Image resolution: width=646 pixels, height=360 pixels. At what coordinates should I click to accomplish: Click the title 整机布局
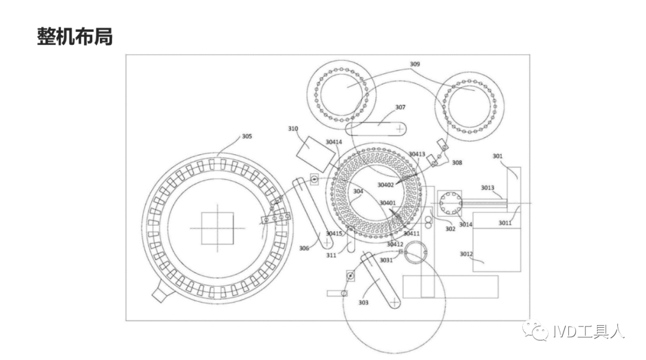click(x=75, y=37)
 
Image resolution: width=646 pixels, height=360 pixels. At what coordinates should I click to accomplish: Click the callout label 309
click(x=415, y=64)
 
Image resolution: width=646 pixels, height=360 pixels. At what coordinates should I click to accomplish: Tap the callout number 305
click(x=246, y=136)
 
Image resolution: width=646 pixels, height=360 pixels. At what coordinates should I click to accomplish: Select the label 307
click(x=400, y=108)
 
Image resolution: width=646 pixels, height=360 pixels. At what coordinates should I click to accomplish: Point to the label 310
click(x=293, y=129)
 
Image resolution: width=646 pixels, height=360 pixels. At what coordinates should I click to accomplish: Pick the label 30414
click(x=334, y=142)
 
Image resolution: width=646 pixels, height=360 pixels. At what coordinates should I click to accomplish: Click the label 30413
click(x=417, y=154)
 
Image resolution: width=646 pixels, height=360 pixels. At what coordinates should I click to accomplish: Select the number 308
click(x=456, y=163)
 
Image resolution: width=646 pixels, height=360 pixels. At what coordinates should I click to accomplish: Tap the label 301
click(x=497, y=156)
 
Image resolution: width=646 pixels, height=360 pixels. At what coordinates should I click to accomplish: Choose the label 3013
click(x=487, y=188)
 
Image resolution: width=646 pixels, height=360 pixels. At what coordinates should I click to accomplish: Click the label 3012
click(x=467, y=254)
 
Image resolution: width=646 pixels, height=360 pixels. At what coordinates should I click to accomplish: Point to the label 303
click(x=363, y=303)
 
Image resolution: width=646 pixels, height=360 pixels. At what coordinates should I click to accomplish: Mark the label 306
click(x=304, y=248)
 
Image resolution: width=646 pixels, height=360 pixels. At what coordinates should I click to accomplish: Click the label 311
click(x=331, y=255)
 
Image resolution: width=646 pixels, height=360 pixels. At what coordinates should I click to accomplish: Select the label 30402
click(x=386, y=185)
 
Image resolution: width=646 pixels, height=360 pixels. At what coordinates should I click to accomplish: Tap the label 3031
click(x=386, y=260)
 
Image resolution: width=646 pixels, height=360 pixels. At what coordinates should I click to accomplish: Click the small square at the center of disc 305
click(x=217, y=228)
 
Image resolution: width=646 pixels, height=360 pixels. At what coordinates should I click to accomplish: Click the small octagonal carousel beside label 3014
click(x=450, y=203)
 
